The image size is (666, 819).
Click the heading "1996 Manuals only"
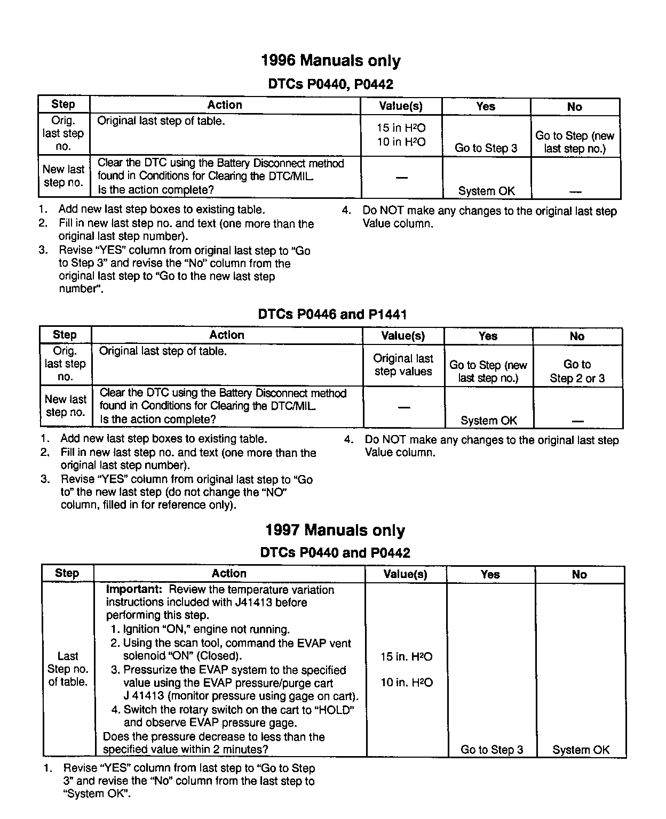pos(331,61)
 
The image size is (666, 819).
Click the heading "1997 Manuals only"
pos(335,531)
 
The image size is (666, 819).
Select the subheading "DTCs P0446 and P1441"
pos(332,314)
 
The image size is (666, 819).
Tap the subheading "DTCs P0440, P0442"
pos(330,84)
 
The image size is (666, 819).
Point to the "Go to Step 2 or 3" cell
pos(577,371)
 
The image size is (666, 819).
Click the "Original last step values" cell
pos(403,365)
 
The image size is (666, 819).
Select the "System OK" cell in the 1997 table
pos(581,750)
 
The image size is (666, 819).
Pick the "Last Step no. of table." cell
pos(68,669)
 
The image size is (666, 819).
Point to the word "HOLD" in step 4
pos(334,710)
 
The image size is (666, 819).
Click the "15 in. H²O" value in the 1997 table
pos(406,657)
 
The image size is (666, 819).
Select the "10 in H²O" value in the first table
pos(401,142)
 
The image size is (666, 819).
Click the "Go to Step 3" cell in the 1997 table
pos(491,750)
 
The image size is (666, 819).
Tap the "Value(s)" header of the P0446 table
pos(403,336)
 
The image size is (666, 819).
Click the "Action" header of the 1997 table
pos(229,574)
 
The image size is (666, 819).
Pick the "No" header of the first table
pos(575,107)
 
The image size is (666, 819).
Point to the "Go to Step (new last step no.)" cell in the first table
pos(575,142)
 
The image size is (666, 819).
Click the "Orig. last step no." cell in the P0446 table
pos(65,364)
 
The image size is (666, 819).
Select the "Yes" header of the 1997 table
pos(490,574)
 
